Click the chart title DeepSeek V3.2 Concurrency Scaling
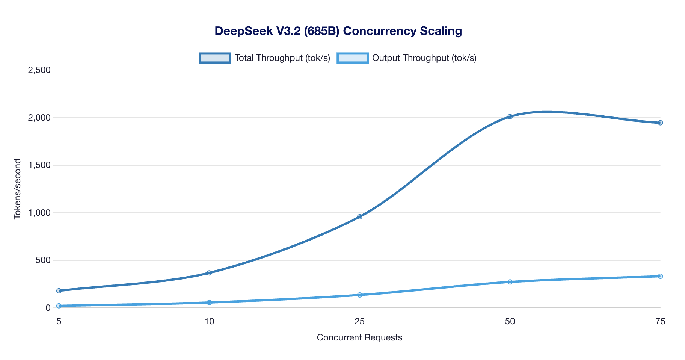coord(338,31)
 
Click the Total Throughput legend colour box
coord(215,58)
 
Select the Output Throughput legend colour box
coord(353,58)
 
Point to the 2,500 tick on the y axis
coord(39,70)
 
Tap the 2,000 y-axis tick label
coord(39,118)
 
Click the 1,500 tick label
coord(39,165)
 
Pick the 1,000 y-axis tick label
coord(39,213)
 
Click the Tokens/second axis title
coord(17,189)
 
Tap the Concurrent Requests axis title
coord(359,337)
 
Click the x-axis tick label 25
coord(359,321)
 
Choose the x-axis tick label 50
coord(510,321)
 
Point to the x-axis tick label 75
coord(660,321)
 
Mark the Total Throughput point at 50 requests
coord(510,116)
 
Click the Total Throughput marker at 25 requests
coord(359,217)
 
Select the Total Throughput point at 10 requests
coord(209,273)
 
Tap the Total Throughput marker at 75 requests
coord(660,123)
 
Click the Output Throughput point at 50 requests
coord(510,282)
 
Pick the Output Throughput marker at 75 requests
coord(660,276)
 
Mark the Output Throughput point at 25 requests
coord(359,295)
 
